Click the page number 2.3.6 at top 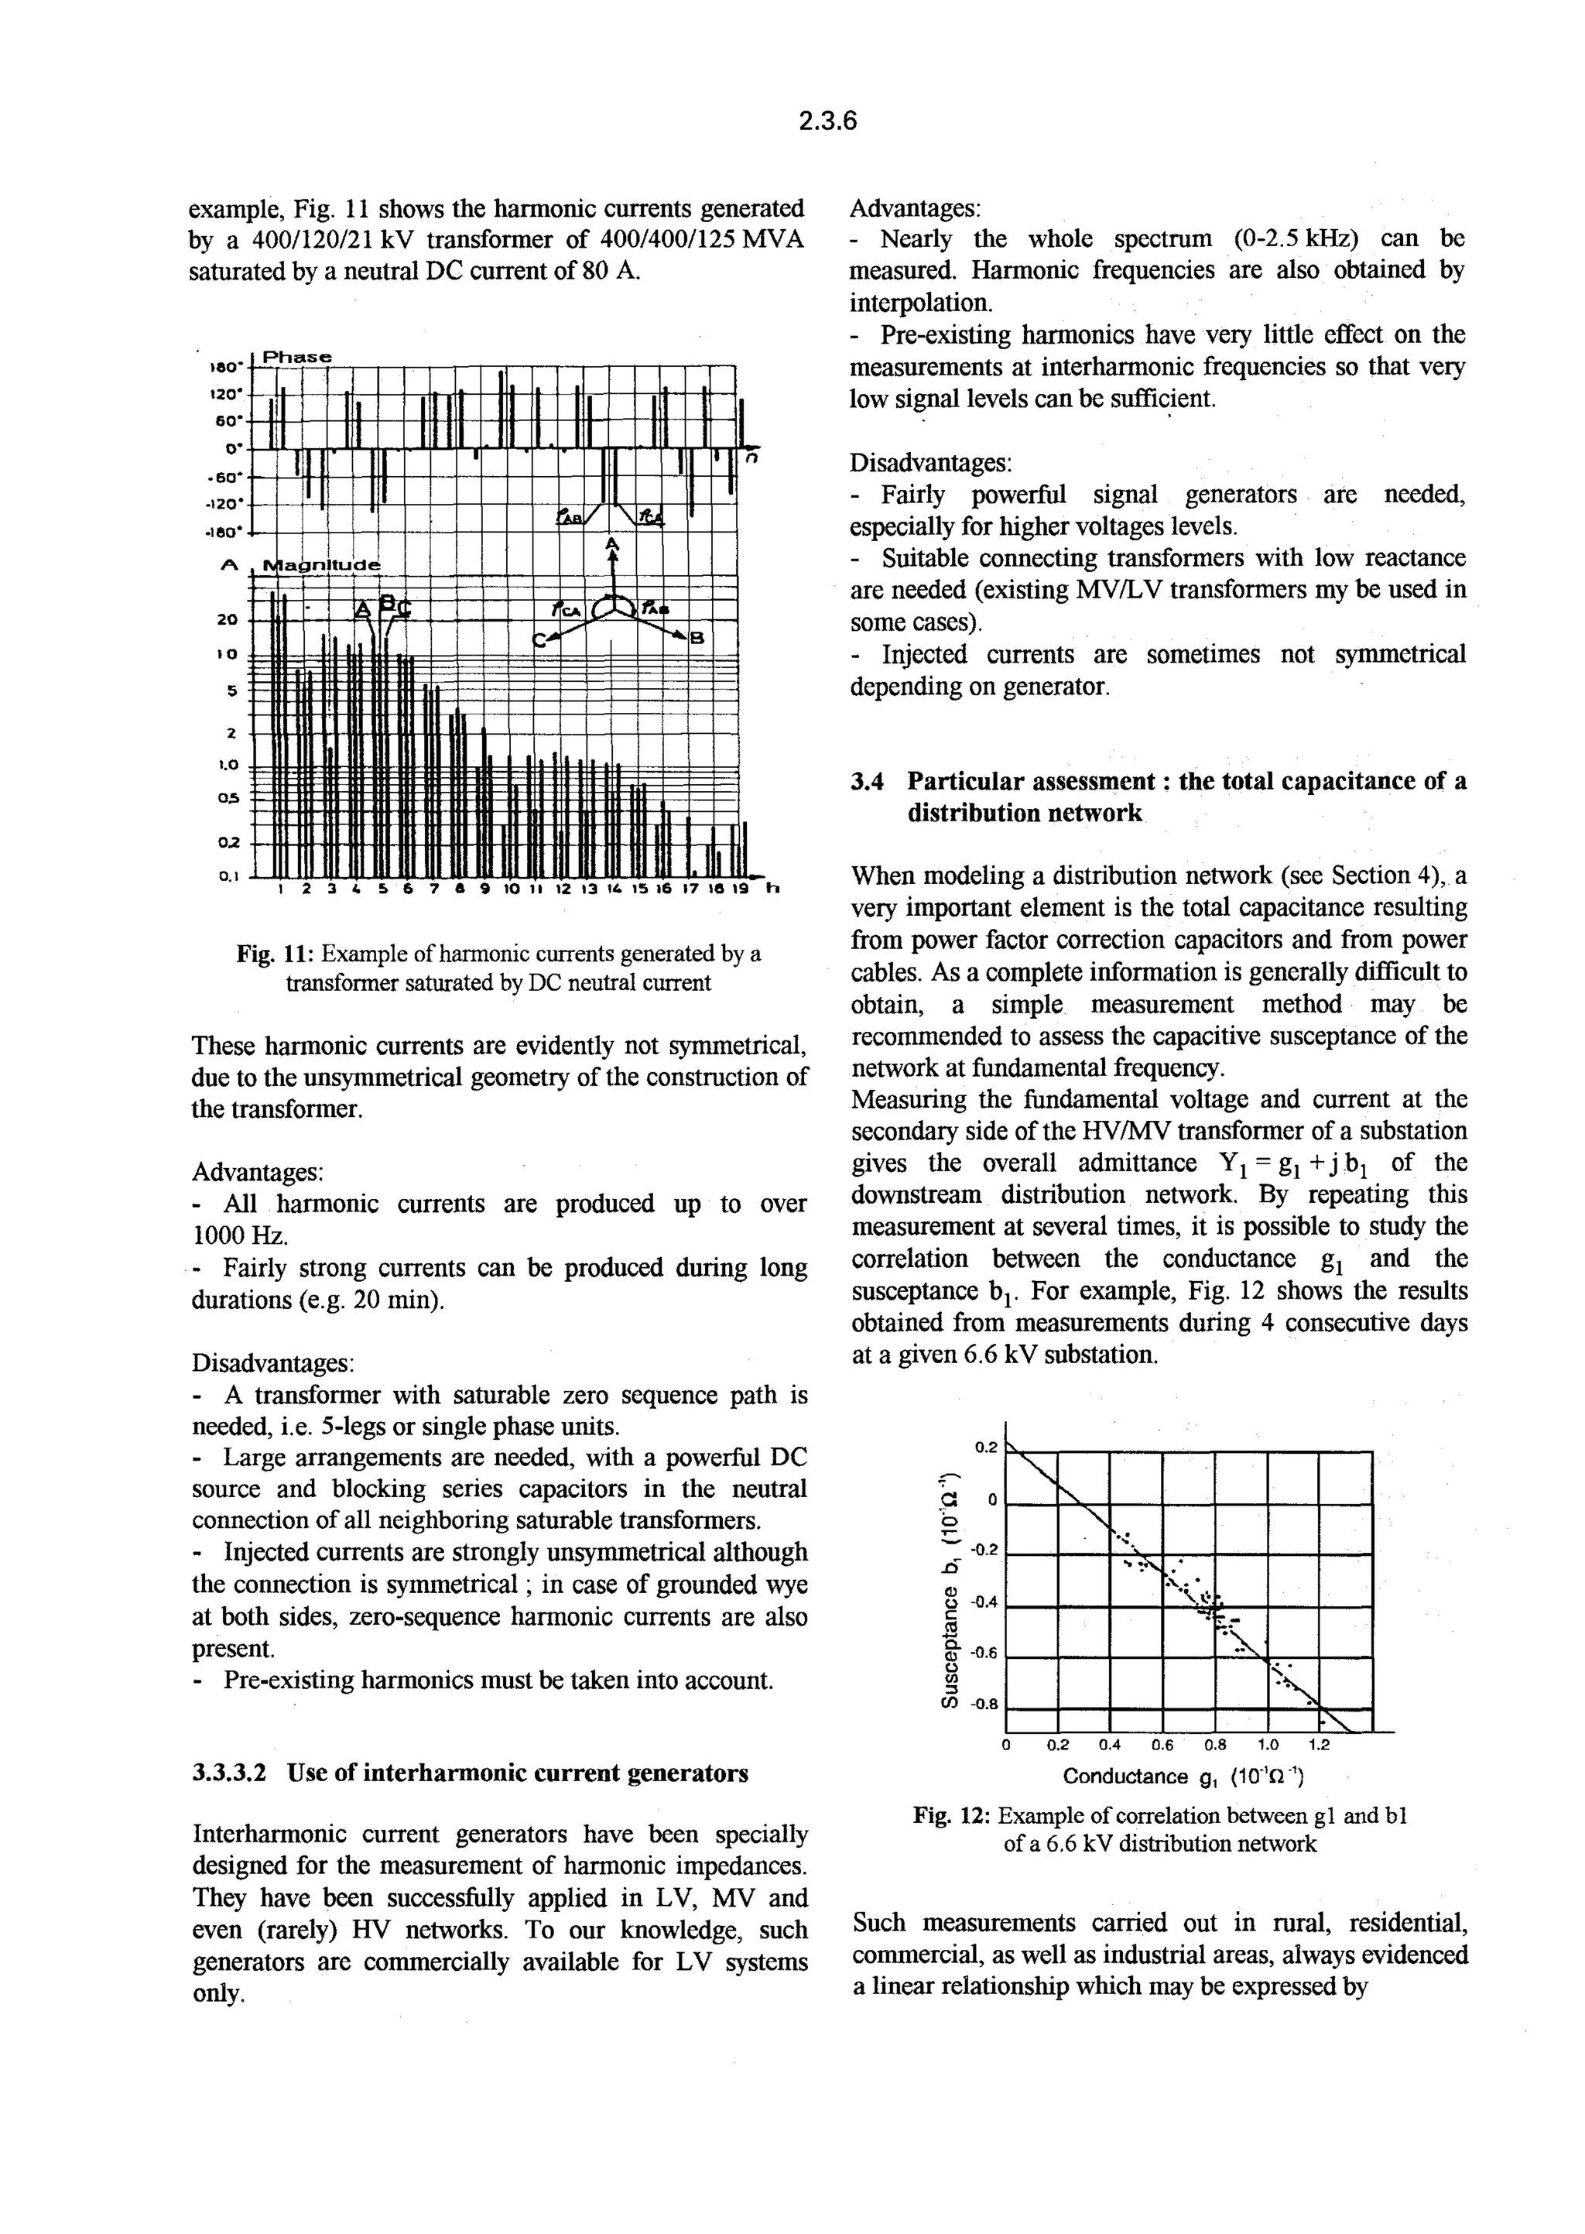coord(827,121)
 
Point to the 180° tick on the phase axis coord(225,367)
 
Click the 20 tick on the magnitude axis coord(227,618)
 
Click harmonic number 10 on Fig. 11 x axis coord(512,890)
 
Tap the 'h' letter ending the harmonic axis coord(773,889)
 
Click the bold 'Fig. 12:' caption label coord(952,1815)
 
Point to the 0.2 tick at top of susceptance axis coord(987,1448)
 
